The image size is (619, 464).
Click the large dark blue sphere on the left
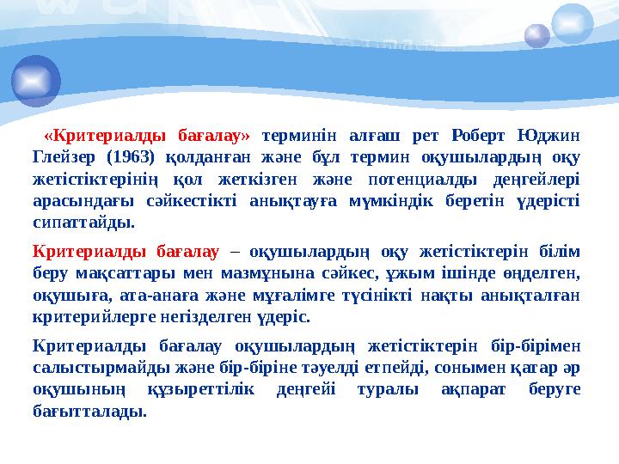point(36,81)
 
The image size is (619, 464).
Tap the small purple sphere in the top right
point(537,36)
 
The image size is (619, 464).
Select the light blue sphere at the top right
point(572,23)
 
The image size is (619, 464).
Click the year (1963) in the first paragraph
point(131,157)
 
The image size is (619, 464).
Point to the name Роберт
point(478,136)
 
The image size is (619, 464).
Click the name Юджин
point(549,136)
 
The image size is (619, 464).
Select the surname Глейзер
point(64,157)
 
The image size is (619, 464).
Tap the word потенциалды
point(422,180)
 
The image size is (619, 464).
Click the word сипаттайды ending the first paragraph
point(83,223)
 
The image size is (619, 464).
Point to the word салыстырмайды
point(101,368)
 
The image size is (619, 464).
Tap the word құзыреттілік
point(201,390)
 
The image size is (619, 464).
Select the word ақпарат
point(474,390)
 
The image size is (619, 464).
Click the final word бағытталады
point(89,412)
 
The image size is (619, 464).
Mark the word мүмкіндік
point(391,202)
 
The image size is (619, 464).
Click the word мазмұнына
point(267,273)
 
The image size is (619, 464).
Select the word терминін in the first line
point(299,137)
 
